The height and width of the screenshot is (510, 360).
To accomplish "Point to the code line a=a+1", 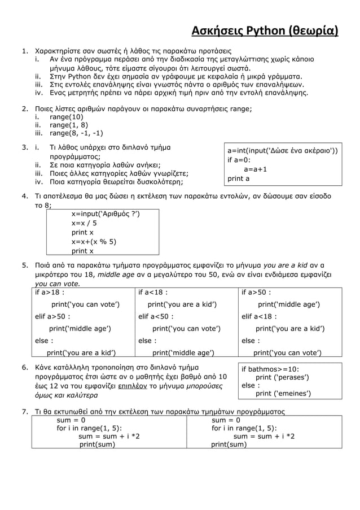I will [255, 169].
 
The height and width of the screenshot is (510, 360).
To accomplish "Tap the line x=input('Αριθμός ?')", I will [105, 213].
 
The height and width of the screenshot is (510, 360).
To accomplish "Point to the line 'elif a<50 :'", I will [156, 316].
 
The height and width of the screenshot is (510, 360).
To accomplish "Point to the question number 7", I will [25, 411].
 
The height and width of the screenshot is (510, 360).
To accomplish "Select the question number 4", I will [25, 196].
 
